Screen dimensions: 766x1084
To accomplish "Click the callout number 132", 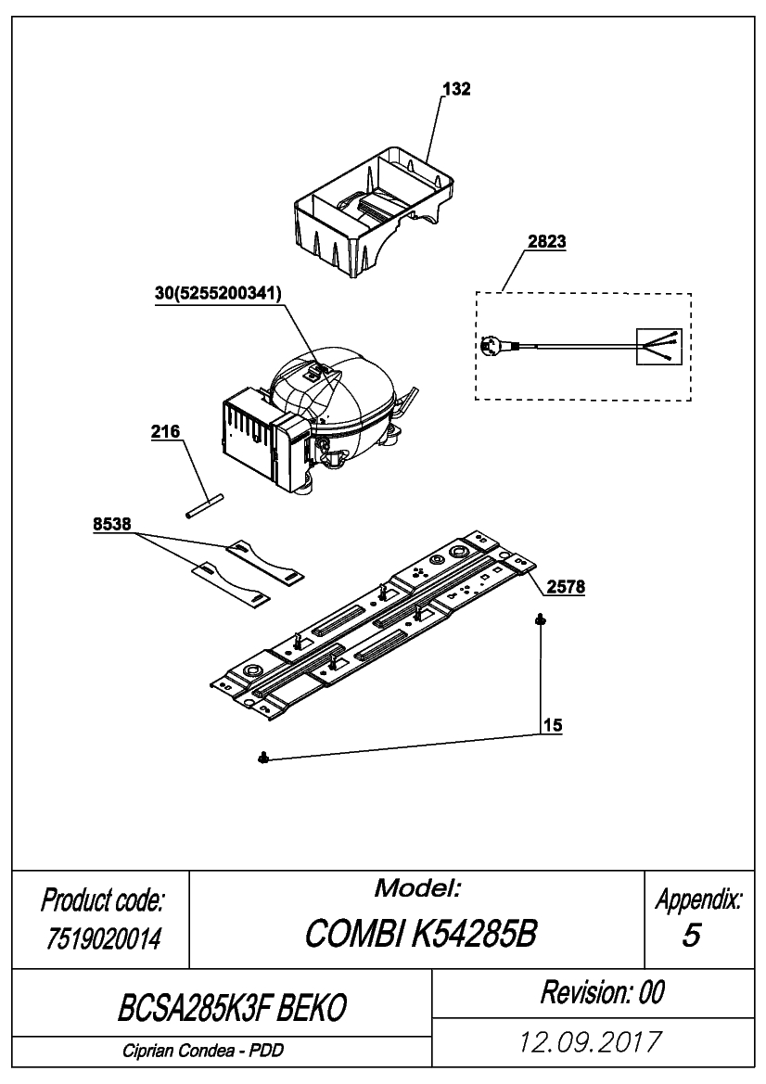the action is (456, 89).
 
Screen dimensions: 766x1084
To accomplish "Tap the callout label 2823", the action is (546, 241).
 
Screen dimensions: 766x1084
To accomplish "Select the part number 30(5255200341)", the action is (218, 293).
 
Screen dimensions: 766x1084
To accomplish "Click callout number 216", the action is (165, 431).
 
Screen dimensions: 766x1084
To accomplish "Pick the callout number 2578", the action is (566, 587).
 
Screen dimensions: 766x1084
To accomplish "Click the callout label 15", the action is (553, 725).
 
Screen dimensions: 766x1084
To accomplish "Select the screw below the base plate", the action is (262, 759).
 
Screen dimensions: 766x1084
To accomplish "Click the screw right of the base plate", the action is (539, 620).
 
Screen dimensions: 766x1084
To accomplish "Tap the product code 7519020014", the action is (104, 938).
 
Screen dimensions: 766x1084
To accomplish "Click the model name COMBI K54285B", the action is (420, 934).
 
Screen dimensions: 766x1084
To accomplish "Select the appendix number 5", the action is (691, 935).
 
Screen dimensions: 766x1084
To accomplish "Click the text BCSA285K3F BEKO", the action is (232, 1007).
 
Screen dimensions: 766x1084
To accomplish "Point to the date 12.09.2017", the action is (591, 1041).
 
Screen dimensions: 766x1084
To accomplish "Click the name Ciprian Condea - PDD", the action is (203, 1051).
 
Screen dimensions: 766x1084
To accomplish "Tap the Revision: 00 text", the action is (602, 992).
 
